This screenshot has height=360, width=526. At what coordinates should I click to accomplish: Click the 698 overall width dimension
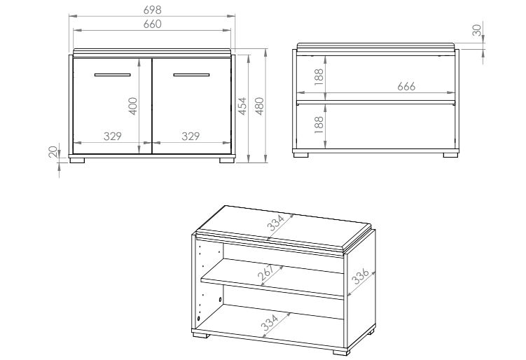(153, 10)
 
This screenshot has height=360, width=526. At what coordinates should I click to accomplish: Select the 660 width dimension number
(153, 24)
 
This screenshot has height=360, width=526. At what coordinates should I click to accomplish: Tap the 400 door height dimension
(133, 106)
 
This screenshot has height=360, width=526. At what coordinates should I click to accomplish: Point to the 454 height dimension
(242, 106)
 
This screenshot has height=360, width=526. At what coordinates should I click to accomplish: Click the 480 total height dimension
(260, 106)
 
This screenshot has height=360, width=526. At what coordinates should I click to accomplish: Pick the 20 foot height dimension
(53, 152)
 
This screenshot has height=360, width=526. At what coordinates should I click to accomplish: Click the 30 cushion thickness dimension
(477, 30)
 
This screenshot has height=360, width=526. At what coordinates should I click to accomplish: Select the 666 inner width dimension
(406, 86)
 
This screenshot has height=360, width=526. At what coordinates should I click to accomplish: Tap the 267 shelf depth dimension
(265, 272)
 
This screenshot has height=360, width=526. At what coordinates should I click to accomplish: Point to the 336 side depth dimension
(361, 277)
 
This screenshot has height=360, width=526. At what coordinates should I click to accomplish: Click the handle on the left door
(112, 75)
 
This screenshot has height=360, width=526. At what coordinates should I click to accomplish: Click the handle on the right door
(191, 75)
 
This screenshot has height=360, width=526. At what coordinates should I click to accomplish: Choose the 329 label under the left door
(112, 136)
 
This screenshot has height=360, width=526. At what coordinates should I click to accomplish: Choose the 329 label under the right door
(191, 136)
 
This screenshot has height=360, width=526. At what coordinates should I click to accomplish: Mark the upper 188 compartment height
(319, 76)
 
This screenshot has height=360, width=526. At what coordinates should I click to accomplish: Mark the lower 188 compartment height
(319, 125)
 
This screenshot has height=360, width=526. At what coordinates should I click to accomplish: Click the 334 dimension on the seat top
(276, 223)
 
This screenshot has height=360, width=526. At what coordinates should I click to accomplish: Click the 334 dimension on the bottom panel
(270, 322)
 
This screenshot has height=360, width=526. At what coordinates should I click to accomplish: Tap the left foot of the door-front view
(78, 160)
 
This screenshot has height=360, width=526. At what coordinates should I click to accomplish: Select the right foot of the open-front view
(451, 155)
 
